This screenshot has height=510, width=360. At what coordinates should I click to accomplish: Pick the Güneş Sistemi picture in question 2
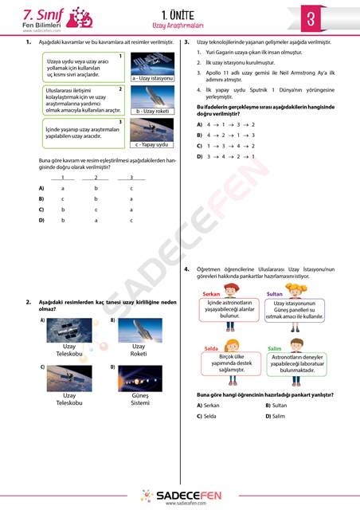pyautogui.click(x=139, y=379)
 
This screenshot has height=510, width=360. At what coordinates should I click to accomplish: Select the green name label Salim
pyautogui.click(x=274, y=349)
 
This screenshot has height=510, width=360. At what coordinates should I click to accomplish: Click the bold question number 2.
pyautogui.click(x=29, y=302)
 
